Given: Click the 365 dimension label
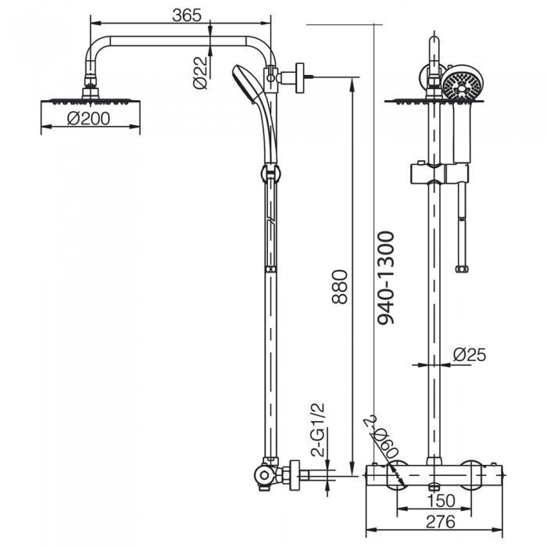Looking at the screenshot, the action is [x=187, y=16].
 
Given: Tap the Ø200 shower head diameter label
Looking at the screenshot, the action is [x=88, y=119].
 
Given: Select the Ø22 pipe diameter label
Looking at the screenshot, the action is [x=200, y=73].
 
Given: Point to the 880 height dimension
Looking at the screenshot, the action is [x=339, y=287].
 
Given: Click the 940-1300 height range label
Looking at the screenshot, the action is [x=386, y=277].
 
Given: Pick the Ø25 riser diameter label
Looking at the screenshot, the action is [x=469, y=355].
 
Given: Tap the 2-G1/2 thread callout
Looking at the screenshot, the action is [x=317, y=430].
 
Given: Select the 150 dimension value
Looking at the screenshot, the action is [x=441, y=501].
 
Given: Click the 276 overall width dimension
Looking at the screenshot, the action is [x=441, y=521].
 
